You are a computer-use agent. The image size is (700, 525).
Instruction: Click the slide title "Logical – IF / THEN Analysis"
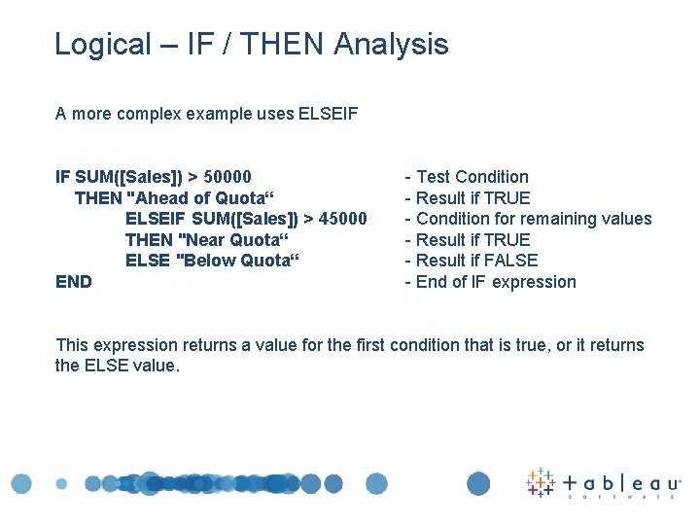(x=251, y=45)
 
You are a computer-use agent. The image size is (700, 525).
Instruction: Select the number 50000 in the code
(x=227, y=177)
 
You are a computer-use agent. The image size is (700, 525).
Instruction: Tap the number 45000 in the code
(x=343, y=219)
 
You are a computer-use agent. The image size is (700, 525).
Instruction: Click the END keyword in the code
(x=74, y=282)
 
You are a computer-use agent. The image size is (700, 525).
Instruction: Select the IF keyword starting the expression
(x=62, y=177)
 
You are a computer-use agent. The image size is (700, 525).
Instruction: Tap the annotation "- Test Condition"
(x=467, y=177)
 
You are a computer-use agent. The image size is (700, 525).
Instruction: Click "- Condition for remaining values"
(x=528, y=219)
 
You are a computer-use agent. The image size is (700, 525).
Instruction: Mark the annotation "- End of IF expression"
(x=490, y=282)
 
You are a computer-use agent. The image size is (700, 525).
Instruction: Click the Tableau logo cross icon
(x=540, y=482)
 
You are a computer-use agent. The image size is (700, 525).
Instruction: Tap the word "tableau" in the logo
(x=622, y=482)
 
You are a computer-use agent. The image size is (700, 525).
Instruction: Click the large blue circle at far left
(x=21, y=483)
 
